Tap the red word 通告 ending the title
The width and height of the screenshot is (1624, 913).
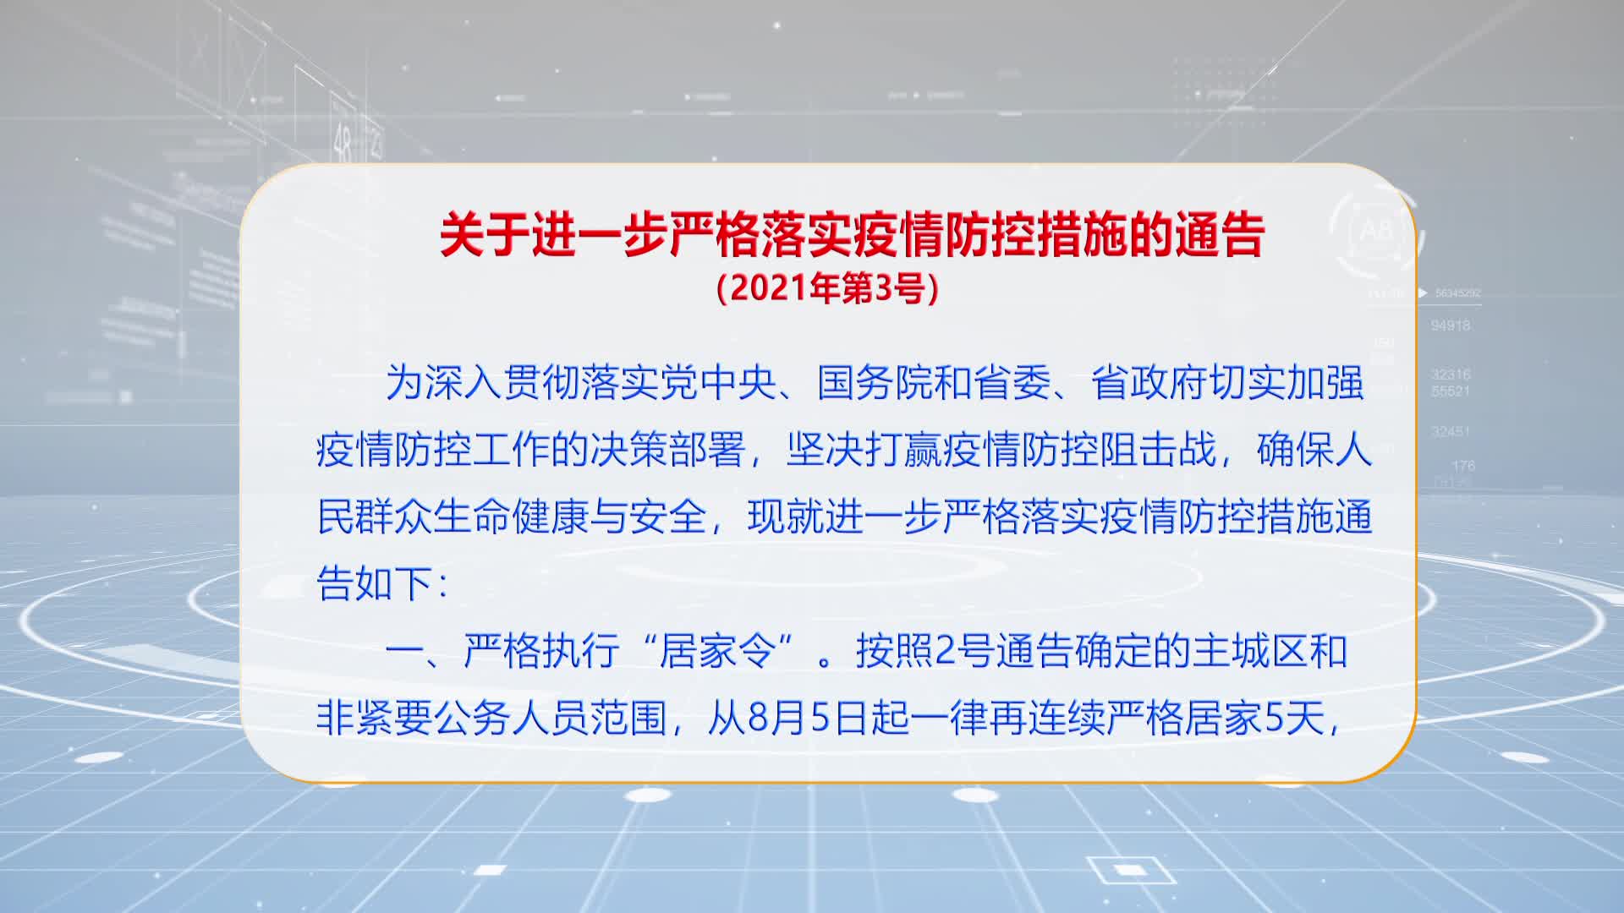[x=1219, y=235]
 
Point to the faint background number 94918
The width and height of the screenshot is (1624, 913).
[x=1450, y=325]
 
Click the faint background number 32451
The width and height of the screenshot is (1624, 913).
[x=1450, y=432]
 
